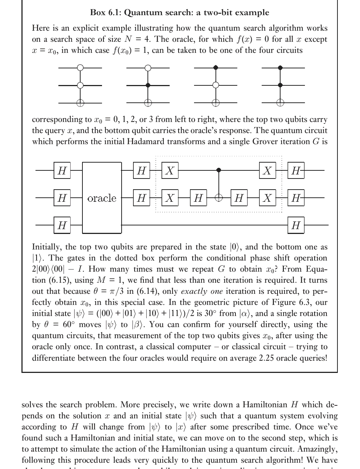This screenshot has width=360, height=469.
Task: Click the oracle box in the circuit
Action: point(102,198)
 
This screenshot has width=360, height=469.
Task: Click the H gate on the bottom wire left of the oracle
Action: point(62,225)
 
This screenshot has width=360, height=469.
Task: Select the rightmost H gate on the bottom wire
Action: point(296,225)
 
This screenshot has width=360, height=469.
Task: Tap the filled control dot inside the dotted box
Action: point(219,170)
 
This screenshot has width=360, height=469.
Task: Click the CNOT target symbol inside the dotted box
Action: point(219,198)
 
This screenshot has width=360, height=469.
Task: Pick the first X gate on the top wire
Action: point(170,170)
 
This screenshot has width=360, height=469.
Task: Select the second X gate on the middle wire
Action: point(267,198)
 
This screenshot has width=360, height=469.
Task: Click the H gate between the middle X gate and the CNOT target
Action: point(198,198)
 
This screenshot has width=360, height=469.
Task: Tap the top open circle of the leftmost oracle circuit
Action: point(80,68)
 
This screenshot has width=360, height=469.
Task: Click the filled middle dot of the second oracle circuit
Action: point(148,85)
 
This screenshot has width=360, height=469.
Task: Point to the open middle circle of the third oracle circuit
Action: point(216,85)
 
